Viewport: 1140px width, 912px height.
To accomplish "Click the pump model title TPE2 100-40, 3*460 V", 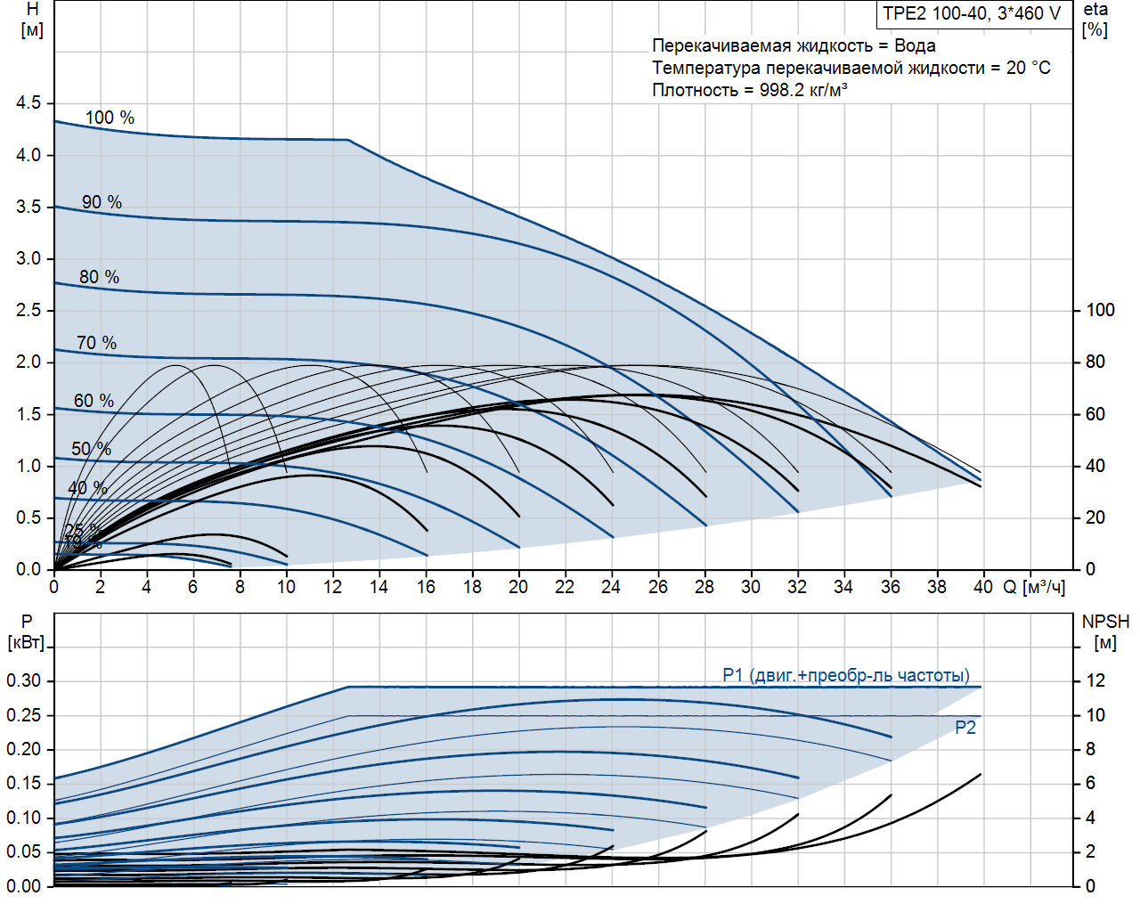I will click(972, 14).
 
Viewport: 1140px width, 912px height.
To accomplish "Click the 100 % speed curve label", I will click(110, 118).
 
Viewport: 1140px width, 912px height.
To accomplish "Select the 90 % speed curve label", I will click(102, 202).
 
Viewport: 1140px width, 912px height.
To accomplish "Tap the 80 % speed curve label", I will click(99, 277).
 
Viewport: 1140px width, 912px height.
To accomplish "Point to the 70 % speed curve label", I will click(96, 343).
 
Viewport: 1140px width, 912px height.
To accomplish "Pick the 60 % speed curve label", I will click(94, 401).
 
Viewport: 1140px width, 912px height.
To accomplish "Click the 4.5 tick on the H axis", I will click(28, 103).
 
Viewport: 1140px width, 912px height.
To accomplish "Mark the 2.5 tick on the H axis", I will click(28, 310).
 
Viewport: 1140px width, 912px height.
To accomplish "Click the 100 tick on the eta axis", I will click(1100, 310).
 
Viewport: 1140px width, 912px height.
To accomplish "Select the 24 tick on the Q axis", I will click(611, 587).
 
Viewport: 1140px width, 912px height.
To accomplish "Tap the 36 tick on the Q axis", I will click(890, 587).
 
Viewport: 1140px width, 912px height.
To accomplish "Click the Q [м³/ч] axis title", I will click(1034, 587).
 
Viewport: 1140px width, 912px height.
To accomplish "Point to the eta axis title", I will click(1095, 10).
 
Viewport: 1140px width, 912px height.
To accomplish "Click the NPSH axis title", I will click(1105, 622).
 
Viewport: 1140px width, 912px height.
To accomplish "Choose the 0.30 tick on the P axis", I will click(24, 680).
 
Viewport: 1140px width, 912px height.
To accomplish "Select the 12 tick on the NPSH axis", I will click(1095, 680).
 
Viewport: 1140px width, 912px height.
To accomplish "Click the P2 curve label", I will click(965, 728).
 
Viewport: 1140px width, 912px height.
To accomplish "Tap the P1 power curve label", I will click(845, 675).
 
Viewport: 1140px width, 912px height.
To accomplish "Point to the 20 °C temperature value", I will click(1029, 68).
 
